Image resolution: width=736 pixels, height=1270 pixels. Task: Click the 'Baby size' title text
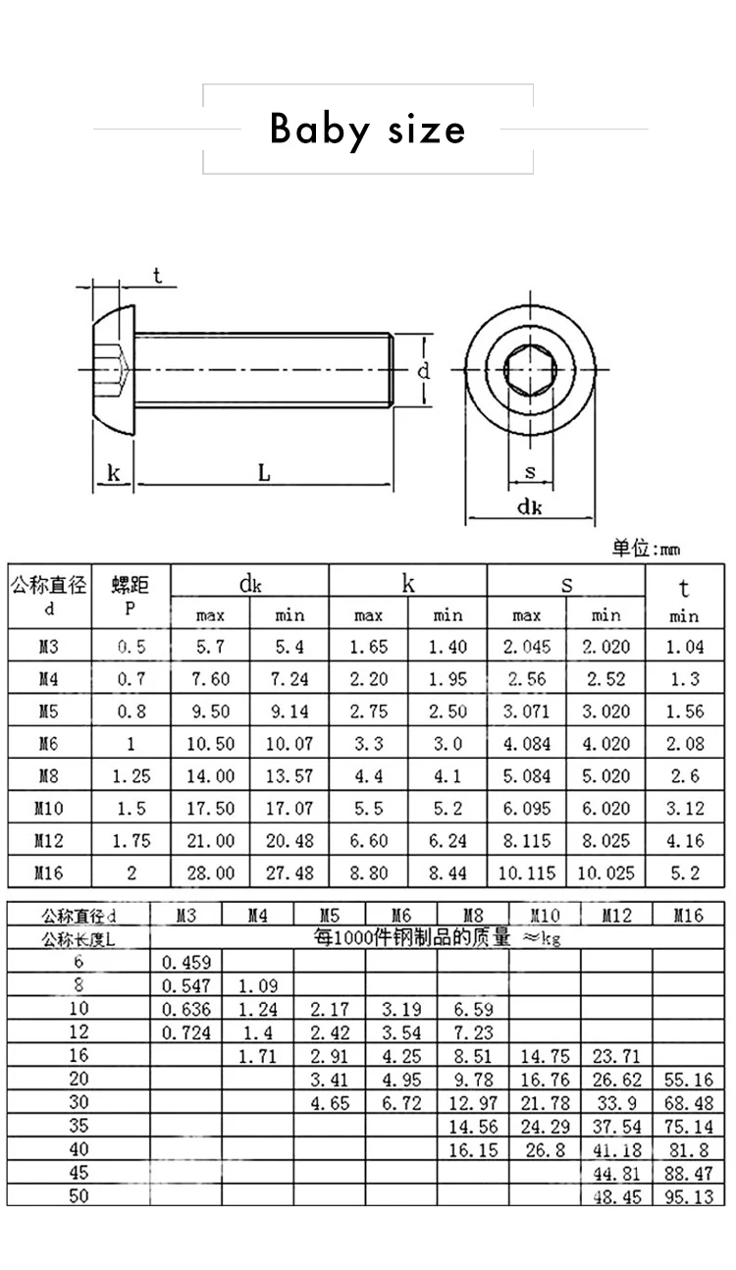[368, 130]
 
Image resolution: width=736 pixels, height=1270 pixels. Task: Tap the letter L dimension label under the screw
[264, 473]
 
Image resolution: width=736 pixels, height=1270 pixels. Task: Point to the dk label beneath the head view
[530, 507]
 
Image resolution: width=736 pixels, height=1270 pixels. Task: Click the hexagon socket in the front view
[529, 370]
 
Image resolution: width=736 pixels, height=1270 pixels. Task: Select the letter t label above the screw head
[157, 276]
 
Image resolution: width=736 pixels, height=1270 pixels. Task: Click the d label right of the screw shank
[423, 371]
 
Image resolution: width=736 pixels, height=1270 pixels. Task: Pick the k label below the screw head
[114, 473]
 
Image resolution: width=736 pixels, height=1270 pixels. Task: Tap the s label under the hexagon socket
[530, 472]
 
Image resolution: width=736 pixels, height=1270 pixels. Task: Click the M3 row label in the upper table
[49, 648]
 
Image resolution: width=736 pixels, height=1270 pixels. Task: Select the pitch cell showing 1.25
[131, 775]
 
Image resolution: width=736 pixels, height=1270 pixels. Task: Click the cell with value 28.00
[210, 873]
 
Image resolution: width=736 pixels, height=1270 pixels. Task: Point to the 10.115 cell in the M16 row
[527, 873]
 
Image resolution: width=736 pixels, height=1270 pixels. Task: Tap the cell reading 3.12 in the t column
[684, 808]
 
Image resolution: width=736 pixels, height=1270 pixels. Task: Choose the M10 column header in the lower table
[545, 916]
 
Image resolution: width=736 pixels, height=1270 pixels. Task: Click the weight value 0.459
[185, 963]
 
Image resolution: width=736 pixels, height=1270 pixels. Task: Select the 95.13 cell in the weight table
[689, 1196]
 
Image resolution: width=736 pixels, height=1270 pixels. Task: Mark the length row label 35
[79, 1126]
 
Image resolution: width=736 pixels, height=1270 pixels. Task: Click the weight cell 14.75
[545, 1056]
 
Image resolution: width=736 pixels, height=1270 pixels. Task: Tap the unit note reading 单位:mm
[646, 548]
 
